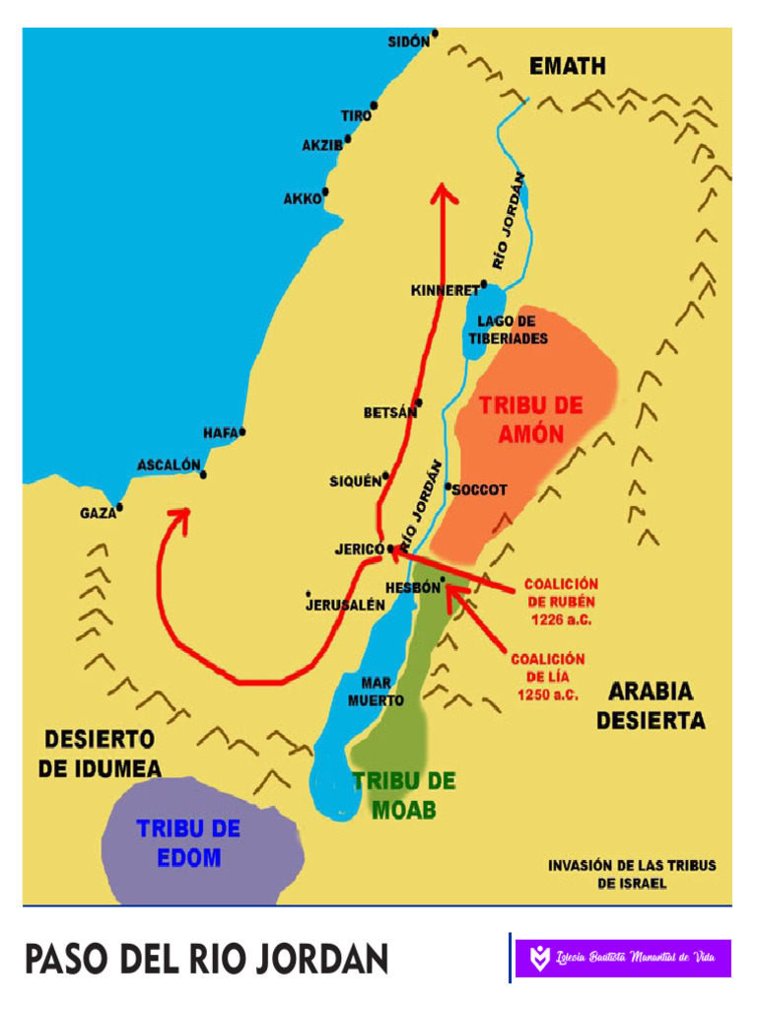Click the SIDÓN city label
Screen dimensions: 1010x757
(408, 41)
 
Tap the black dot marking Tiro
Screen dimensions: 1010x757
(374, 106)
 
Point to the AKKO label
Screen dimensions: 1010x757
(303, 198)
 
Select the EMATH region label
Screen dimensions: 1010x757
(568, 67)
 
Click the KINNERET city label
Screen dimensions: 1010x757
(445, 291)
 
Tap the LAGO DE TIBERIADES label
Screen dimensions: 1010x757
(508, 329)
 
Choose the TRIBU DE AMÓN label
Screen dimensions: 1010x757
(530, 419)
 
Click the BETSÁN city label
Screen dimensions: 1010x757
(390, 413)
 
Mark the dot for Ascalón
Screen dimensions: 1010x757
(203, 475)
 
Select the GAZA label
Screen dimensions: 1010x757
(98, 513)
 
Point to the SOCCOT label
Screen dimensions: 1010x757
(479, 489)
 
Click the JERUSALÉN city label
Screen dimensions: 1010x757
(345, 605)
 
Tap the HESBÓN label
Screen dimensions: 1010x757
(411, 587)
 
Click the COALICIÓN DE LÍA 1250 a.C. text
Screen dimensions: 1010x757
(547, 677)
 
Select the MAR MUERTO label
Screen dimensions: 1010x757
(376, 690)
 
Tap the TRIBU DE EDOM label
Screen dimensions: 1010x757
(188, 842)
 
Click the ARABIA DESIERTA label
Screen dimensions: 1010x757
(651, 705)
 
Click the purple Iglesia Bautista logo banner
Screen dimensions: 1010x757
(623, 957)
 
